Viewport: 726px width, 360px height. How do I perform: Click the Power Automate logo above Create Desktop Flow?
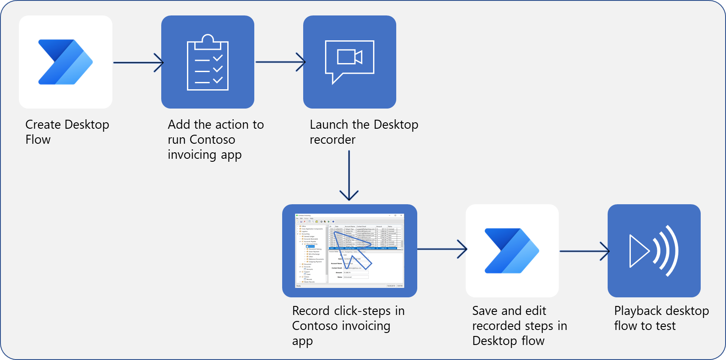coord(66,62)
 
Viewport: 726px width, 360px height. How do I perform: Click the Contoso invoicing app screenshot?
coord(349,251)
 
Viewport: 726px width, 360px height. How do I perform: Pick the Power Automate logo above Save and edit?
coord(512,251)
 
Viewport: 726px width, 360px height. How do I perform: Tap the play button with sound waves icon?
coord(654,251)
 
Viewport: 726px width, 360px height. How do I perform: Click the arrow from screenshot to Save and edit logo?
coord(442,249)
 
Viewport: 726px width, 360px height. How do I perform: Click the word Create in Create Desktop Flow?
coord(43,124)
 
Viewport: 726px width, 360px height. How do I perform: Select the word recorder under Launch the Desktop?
coord(332,139)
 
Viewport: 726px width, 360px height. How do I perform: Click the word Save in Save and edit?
coord(485,311)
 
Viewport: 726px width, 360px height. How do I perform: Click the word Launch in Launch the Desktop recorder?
coord(329,124)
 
